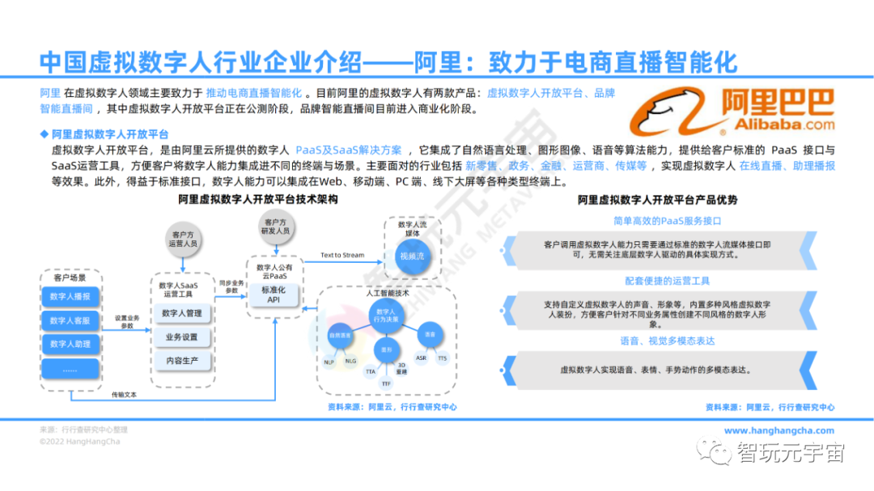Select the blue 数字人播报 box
tap(70, 297)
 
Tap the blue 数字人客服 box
tap(70, 321)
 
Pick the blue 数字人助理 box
tap(70, 345)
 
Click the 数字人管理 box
tap(182, 314)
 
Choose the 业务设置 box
tap(182, 337)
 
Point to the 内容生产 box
tap(182, 361)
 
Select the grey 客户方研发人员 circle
tap(274, 226)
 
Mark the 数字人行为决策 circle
tap(387, 316)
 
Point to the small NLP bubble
tap(329, 362)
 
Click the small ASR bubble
tap(421, 357)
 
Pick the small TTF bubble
tap(387, 383)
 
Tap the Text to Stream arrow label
tap(342, 256)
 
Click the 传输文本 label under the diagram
tap(124, 396)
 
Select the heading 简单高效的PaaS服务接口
tap(667, 221)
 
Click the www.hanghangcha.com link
tap(779, 431)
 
